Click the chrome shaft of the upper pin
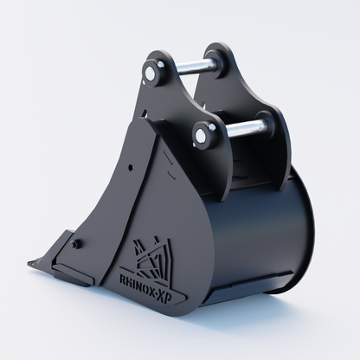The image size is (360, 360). coord(196,67)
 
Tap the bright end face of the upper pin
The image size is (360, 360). coord(151,73)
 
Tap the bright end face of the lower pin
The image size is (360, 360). coord(201,136)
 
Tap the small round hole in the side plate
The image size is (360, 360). coord(131,167)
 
